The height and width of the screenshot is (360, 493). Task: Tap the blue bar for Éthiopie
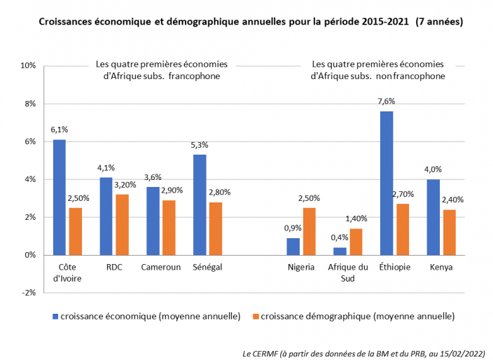click(x=386, y=183)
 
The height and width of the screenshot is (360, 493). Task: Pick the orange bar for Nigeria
click(x=310, y=231)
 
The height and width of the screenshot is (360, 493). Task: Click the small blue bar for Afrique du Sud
click(x=340, y=251)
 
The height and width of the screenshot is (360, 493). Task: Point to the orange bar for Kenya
click(x=448, y=232)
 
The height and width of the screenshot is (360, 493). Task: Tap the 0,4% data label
click(x=340, y=238)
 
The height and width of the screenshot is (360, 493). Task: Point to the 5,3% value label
click(x=200, y=145)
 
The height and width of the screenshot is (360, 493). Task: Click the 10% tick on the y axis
click(x=28, y=66)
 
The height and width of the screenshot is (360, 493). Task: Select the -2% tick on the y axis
click(x=28, y=293)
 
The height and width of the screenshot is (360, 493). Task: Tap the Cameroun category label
click(x=160, y=268)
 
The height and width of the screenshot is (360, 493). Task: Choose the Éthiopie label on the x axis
click(x=394, y=268)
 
